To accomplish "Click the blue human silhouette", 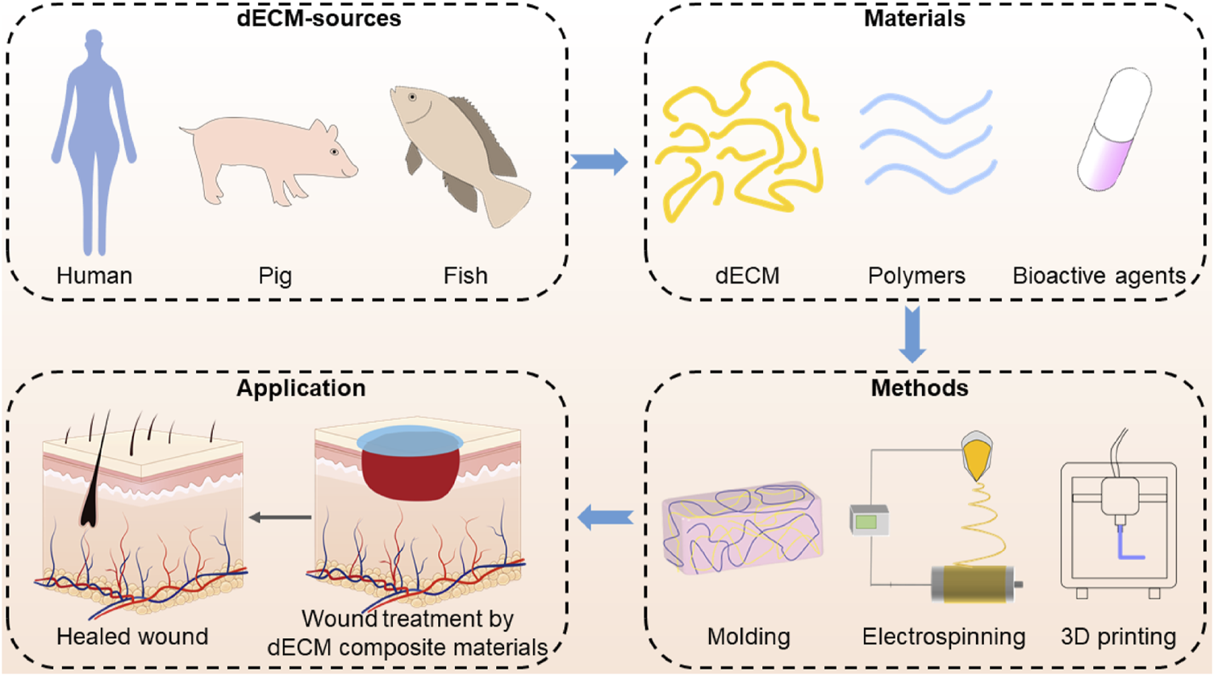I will click(x=94, y=137).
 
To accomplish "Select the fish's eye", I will click(x=412, y=97).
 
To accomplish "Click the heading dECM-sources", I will click(x=319, y=19).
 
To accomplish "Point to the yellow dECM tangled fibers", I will click(x=738, y=145).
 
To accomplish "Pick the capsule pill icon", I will click(x=1114, y=129).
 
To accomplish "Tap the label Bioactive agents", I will click(x=1099, y=276).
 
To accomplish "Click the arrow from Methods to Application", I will click(x=606, y=518).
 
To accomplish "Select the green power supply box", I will click(x=868, y=521).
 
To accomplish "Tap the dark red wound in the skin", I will click(x=410, y=472).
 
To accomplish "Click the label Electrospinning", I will click(x=943, y=636).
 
